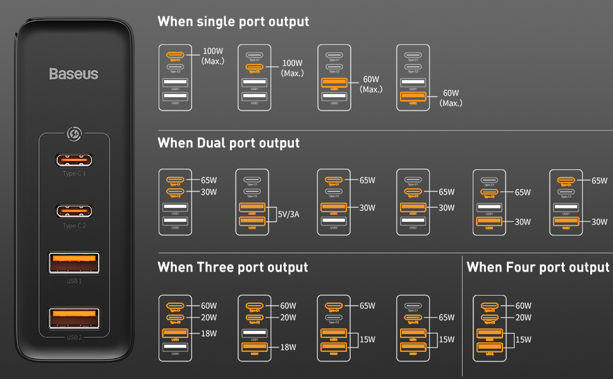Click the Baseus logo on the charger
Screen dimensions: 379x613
pyautogui.click(x=74, y=74)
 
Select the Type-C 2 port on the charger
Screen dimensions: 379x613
pyautogui.click(x=74, y=210)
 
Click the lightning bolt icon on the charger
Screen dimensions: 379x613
pyautogui.click(x=75, y=134)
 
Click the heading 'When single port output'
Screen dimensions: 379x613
pyautogui.click(x=233, y=21)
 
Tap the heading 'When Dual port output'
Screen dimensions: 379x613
pyautogui.click(x=228, y=143)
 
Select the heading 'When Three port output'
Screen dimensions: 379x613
pyautogui.click(x=233, y=267)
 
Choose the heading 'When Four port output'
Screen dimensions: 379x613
pyautogui.click(x=538, y=267)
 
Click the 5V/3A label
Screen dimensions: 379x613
pyautogui.click(x=288, y=214)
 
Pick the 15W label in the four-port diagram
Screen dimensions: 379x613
pyautogui.click(x=523, y=340)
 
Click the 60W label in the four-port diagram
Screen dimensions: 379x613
pyautogui.click(x=523, y=306)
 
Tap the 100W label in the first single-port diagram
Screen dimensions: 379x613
pyautogui.click(x=212, y=51)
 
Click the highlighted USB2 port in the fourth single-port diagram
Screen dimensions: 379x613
pyautogui.click(x=413, y=97)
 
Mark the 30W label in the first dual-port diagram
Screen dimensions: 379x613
pyautogui.click(x=209, y=192)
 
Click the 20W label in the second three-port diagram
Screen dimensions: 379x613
pyautogui.click(x=288, y=318)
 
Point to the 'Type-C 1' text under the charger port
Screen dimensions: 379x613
pyautogui.click(x=74, y=173)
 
